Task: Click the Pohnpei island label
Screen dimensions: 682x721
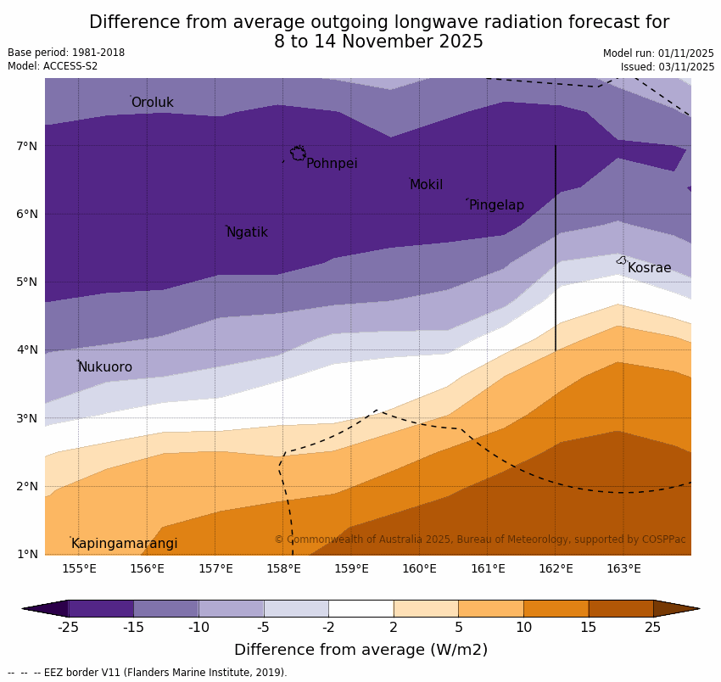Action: (x=332, y=164)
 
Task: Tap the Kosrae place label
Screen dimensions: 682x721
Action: (x=649, y=268)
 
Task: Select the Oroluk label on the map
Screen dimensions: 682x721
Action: (x=152, y=103)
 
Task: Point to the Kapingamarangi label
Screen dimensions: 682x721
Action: (x=124, y=544)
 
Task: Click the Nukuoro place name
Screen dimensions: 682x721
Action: (x=105, y=367)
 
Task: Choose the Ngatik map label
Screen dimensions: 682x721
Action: (x=247, y=232)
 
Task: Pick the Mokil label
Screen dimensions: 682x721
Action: (x=426, y=185)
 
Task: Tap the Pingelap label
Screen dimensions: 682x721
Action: (x=496, y=205)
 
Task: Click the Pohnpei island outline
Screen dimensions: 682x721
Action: (x=298, y=154)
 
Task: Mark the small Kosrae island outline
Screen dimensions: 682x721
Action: (x=621, y=260)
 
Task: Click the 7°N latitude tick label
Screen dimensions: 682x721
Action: (x=27, y=146)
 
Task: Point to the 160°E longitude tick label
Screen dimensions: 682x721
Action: (x=419, y=568)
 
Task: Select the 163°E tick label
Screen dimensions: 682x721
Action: (x=623, y=568)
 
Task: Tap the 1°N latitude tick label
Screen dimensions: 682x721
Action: (x=27, y=554)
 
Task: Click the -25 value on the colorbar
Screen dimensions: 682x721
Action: (x=68, y=628)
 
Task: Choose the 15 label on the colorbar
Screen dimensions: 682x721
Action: (x=589, y=628)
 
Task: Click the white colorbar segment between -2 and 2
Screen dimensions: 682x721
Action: (x=360, y=608)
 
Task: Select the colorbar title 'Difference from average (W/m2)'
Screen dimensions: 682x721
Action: (x=360, y=651)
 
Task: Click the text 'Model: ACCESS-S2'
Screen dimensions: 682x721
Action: (x=53, y=66)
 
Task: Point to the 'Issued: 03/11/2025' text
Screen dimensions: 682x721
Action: (x=667, y=67)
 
